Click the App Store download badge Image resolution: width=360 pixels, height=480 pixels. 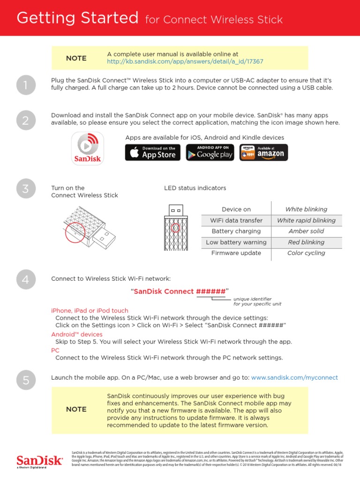point(152,153)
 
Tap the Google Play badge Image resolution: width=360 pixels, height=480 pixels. point(210,153)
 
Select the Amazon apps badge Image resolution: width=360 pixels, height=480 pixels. point(263,153)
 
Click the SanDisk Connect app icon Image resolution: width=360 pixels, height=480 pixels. point(87,148)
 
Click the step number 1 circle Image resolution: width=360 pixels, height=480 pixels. point(25,85)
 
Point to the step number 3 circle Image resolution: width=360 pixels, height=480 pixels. point(25,189)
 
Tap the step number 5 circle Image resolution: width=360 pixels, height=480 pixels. point(25,381)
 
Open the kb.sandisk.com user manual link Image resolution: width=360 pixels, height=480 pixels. point(185,62)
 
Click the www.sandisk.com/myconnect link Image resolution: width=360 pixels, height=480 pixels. point(294,377)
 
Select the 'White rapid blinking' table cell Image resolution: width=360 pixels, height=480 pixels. point(306,220)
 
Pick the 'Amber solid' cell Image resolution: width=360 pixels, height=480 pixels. point(306,231)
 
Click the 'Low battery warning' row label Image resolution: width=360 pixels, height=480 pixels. point(236,242)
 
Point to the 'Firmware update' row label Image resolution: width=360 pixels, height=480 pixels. point(236,253)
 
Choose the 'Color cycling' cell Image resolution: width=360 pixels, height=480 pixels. point(306,253)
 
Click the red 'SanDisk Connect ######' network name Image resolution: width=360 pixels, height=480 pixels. point(180,292)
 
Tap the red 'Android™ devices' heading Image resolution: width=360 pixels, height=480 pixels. point(76,334)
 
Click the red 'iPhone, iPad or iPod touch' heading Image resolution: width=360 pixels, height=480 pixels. point(89,310)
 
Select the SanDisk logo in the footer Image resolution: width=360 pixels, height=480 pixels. point(39,461)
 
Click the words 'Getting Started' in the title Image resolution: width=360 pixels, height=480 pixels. point(77,18)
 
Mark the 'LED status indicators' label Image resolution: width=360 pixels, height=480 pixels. point(195,188)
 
